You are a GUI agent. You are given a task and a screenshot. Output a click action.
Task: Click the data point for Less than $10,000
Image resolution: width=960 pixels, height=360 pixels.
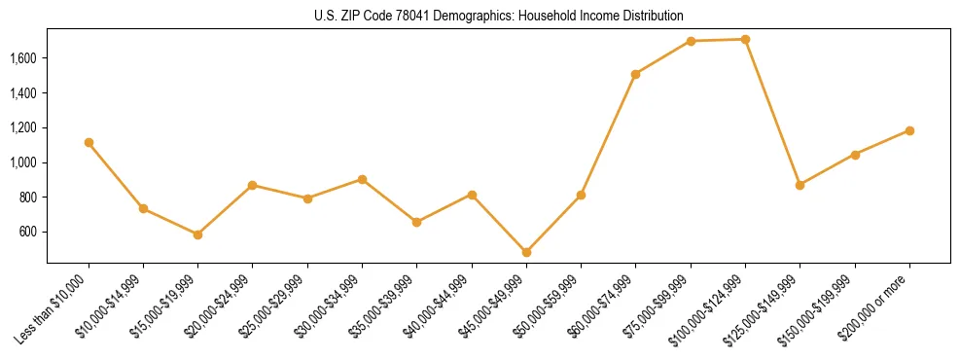89,142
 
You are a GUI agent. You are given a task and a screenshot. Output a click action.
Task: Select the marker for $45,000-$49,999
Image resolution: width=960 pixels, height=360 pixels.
526,252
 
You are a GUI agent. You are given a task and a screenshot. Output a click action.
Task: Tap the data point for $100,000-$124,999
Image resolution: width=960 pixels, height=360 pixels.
745,39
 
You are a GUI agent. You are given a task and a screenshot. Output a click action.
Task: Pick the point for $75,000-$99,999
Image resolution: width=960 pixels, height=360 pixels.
691,41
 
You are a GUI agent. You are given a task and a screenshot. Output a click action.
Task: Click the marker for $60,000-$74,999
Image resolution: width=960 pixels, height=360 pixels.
636,74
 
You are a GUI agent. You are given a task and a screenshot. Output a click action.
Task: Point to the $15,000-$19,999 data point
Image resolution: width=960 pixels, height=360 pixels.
198,234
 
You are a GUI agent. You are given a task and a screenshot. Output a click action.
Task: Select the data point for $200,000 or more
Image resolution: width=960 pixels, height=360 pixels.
909,130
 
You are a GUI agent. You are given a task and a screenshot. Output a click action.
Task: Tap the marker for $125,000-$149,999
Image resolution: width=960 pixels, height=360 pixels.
800,185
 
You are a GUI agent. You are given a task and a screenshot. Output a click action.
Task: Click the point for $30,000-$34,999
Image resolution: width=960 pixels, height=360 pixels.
362,179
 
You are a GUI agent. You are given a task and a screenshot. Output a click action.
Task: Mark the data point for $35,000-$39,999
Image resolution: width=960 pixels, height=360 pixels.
417,222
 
